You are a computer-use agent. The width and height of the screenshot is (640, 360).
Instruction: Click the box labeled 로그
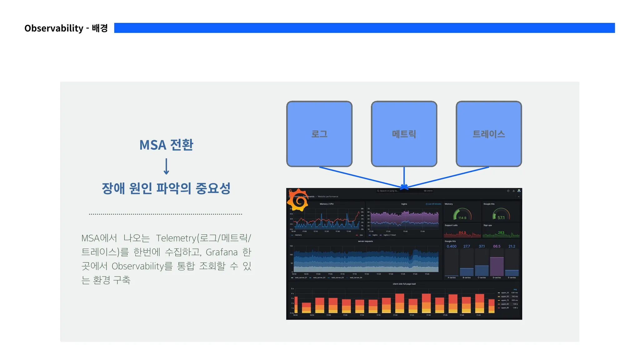pos(319,134)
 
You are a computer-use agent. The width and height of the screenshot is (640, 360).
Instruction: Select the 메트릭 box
pos(404,134)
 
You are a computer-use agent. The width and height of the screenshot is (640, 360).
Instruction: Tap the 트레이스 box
pos(488,134)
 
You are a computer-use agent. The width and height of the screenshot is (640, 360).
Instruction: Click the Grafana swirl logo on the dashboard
pos(298,200)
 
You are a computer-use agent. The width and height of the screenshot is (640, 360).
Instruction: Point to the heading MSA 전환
pos(166,145)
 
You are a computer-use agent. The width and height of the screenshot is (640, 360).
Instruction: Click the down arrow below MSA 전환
pos(166,166)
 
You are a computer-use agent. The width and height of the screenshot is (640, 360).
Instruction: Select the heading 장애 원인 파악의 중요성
pos(166,188)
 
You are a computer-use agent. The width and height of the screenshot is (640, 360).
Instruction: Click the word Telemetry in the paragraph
pos(176,238)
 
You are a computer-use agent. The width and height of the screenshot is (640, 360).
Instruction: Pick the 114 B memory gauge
pos(462,215)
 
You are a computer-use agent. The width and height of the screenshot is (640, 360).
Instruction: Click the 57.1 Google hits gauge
pos(501,215)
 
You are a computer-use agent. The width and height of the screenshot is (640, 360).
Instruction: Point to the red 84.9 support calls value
pos(462,232)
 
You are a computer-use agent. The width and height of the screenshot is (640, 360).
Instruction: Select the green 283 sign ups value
pos(501,232)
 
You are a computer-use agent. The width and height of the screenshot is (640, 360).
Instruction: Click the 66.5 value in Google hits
pos(497,246)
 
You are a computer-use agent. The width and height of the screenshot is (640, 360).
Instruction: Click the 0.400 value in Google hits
pos(451,246)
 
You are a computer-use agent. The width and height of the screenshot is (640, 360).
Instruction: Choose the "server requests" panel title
pos(365,241)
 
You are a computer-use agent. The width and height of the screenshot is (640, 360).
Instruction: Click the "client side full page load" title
pos(404,284)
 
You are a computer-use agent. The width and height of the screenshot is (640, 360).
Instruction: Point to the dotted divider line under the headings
pos(166,214)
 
